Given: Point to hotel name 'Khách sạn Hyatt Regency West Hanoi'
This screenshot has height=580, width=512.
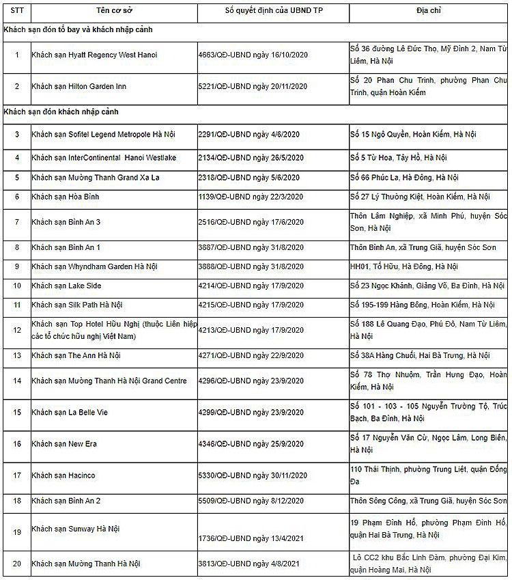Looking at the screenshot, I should click(94, 55).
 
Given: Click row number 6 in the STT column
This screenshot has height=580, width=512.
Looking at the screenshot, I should click(17, 197).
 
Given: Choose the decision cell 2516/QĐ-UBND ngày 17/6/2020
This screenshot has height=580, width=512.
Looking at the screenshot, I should click(251, 222).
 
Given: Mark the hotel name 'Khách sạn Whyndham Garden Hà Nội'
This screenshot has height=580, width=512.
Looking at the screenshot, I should click(94, 266).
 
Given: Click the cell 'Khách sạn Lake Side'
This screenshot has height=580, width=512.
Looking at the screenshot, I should click(66, 286).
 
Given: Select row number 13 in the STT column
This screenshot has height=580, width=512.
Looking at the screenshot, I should click(17, 356).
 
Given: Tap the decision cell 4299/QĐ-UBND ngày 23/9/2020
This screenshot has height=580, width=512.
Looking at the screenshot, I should click(251, 413).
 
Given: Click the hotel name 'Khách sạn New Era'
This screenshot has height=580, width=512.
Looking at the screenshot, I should click(64, 444).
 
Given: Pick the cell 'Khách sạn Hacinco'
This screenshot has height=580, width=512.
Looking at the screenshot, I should click(63, 475).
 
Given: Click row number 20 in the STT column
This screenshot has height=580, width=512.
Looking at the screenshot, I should click(17, 564).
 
